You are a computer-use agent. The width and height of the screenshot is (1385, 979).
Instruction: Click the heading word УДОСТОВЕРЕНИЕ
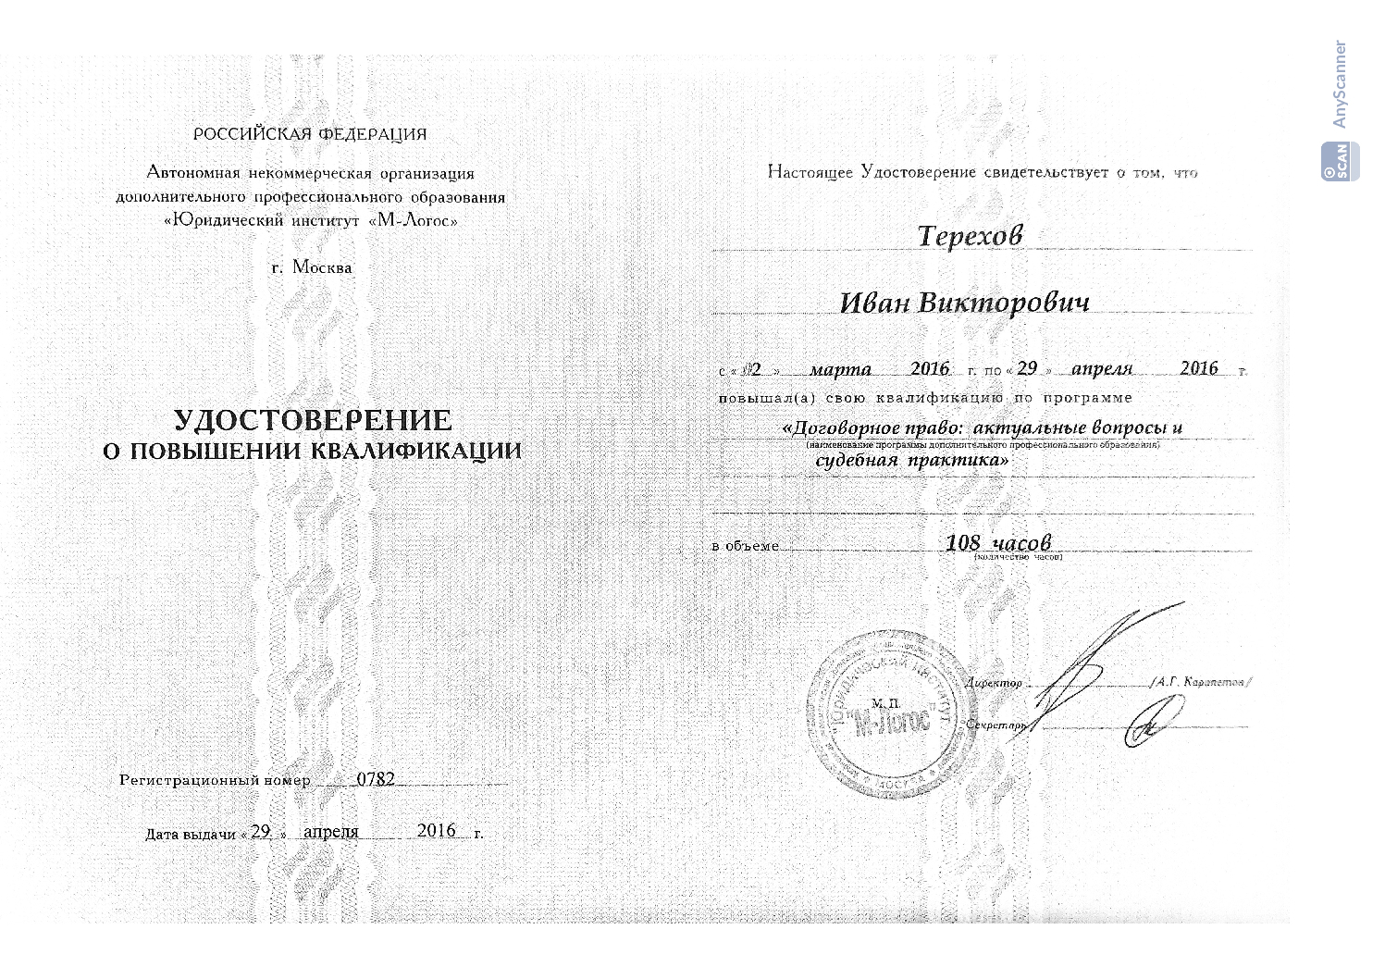tap(313, 421)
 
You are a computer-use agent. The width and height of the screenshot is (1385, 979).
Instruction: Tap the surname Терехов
tap(970, 236)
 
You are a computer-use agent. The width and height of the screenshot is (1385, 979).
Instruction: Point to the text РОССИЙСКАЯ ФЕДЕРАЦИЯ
tap(310, 134)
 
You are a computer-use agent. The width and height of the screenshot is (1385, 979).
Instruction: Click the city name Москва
tap(321, 267)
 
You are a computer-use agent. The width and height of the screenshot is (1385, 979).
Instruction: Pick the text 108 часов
tap(998, 542)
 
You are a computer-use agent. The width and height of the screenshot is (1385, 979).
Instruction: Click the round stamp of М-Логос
tap(880, 708)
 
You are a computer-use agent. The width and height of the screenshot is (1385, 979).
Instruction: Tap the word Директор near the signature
tap(994, 683)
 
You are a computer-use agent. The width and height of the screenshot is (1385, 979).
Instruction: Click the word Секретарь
tap(996, 725)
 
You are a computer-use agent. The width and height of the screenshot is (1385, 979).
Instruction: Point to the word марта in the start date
tap(840, 369)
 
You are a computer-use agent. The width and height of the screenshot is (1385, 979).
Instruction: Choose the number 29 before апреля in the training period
tap(1027, 367)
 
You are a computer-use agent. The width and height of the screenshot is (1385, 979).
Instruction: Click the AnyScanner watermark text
tap(1339, 84)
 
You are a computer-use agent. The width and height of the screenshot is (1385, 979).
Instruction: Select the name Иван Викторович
tap(964, 303)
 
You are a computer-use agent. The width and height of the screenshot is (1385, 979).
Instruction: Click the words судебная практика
tap(911, 460)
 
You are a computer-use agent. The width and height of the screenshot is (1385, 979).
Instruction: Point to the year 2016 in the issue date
tap(437, 830)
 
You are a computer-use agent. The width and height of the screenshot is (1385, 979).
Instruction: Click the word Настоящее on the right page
tap(810, 172)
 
